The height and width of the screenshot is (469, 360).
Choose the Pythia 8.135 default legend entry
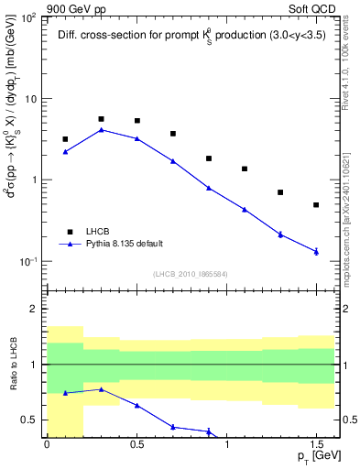(x=124, y=244)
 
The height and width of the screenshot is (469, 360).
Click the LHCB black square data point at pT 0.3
(x=101, y=119)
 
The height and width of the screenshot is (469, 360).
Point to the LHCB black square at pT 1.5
(x=316, y=205)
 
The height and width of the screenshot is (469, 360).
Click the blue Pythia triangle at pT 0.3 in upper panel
(x=101, y=129)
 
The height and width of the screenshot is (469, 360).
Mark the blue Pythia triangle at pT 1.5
(x=316, y=251)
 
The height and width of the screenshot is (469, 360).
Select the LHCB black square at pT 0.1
(x=65, y=139)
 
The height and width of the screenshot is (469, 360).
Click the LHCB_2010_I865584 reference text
(x=191, y=274)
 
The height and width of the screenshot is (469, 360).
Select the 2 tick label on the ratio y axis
(x=35, y=310)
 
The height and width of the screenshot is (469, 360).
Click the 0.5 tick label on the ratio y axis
(x=30, y=420)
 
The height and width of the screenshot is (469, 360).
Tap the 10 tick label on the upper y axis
(x=29, y=99)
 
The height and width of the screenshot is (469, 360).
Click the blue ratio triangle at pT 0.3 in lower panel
(x=101, y=389)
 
